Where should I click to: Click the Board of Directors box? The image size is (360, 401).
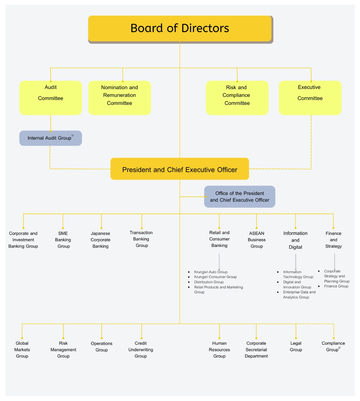180,28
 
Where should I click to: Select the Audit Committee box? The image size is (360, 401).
50,98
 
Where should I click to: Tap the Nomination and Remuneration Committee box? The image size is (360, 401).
119,98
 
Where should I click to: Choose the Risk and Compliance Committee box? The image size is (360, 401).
237,98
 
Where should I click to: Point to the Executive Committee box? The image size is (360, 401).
310,98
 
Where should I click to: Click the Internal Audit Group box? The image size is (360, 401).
50,138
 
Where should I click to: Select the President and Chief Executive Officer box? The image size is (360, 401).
180,169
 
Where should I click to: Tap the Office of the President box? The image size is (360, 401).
240,197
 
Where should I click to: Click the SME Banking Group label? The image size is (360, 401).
63,240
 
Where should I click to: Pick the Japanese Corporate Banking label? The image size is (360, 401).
101,240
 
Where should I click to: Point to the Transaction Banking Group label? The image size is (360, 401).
141,239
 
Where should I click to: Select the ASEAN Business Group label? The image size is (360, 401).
257,240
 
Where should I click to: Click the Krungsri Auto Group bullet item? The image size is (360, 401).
211,272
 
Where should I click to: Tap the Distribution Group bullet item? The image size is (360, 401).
209,282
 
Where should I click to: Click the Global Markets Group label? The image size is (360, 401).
22,350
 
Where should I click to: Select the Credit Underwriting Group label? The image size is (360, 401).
141,350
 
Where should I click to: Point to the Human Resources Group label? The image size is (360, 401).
219,350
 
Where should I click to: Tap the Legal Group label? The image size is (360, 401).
296,347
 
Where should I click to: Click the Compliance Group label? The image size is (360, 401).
333,347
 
